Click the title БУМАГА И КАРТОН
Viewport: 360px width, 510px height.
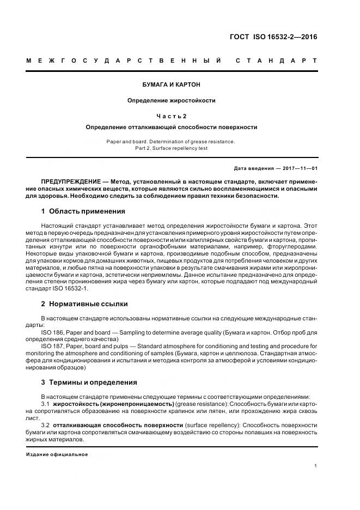(172, 85)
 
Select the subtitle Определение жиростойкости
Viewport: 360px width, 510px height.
(172, 100)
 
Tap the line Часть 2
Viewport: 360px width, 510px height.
(172, 116)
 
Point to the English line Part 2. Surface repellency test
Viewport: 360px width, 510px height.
(172, 148)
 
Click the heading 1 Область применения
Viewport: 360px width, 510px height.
(83, 211)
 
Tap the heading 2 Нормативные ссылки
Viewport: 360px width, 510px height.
(84, 303)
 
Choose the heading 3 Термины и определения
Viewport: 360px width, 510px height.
(89, 382)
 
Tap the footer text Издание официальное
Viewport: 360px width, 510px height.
(57, 454)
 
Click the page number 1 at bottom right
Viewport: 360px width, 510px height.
(316, 466)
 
